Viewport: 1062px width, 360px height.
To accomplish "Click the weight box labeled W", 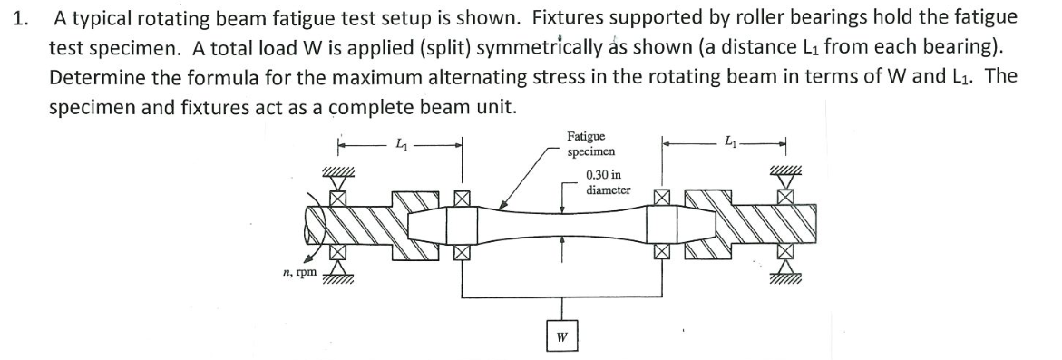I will click(x=561, y=337).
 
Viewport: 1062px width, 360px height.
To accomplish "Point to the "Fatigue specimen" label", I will click(x=590, y=143).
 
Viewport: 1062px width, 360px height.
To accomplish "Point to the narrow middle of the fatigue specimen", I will click(x=562, y=226).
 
